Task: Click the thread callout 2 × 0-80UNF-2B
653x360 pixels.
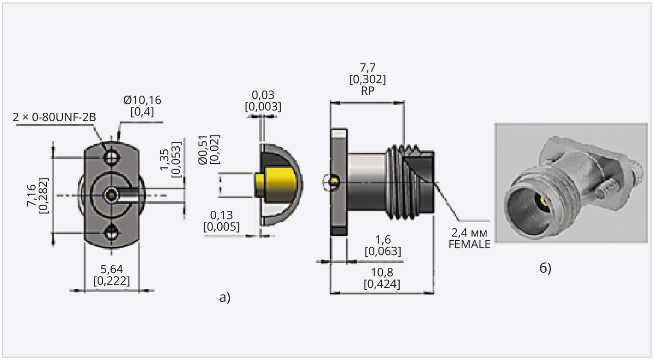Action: coord(55,117)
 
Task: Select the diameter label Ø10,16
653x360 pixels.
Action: coord(142,100)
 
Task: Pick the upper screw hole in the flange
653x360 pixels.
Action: coord(111,158)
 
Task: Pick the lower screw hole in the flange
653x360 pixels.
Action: coord(111,234)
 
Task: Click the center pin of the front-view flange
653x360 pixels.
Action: coord(111,195)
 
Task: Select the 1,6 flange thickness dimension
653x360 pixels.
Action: coord(383,240)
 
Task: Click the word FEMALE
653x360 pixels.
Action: coord(469,245)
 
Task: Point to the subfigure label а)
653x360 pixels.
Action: coord(225,297)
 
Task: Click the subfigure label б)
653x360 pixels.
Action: coord(546,268)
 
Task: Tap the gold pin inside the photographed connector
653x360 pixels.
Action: coord(542,201)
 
